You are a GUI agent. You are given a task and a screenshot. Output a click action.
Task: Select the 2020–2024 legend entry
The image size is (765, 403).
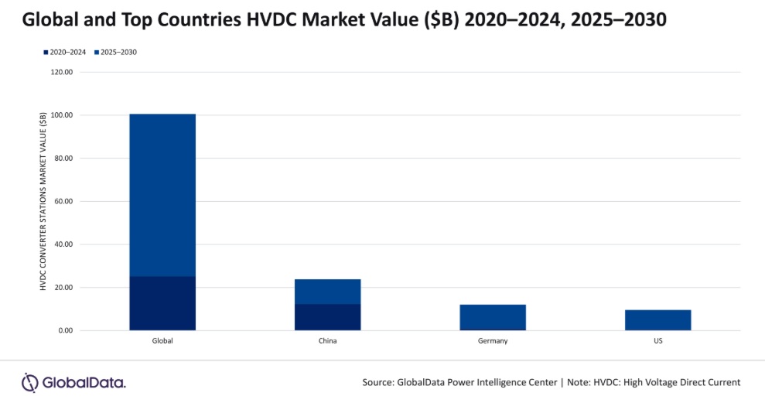coord(65,52)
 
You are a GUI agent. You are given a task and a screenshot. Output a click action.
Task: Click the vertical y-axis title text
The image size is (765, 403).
coord(43,201)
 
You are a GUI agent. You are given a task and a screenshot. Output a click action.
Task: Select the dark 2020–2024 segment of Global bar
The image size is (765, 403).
coord(162,303)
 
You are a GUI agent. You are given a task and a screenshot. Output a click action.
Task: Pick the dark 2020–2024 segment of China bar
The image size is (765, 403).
coord(327,317)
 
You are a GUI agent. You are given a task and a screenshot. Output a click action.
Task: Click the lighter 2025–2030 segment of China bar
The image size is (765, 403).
coord(327,292)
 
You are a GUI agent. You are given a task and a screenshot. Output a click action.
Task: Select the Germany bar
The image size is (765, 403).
coord(493,316)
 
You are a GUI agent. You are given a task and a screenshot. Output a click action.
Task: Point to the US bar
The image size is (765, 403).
coord(657,320)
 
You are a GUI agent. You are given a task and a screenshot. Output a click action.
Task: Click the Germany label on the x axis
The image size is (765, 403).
coord(493,341)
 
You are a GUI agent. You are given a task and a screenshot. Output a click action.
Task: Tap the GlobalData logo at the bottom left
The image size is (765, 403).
coord(73,382)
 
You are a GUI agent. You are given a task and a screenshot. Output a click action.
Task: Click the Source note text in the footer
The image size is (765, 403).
coord(551,382)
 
